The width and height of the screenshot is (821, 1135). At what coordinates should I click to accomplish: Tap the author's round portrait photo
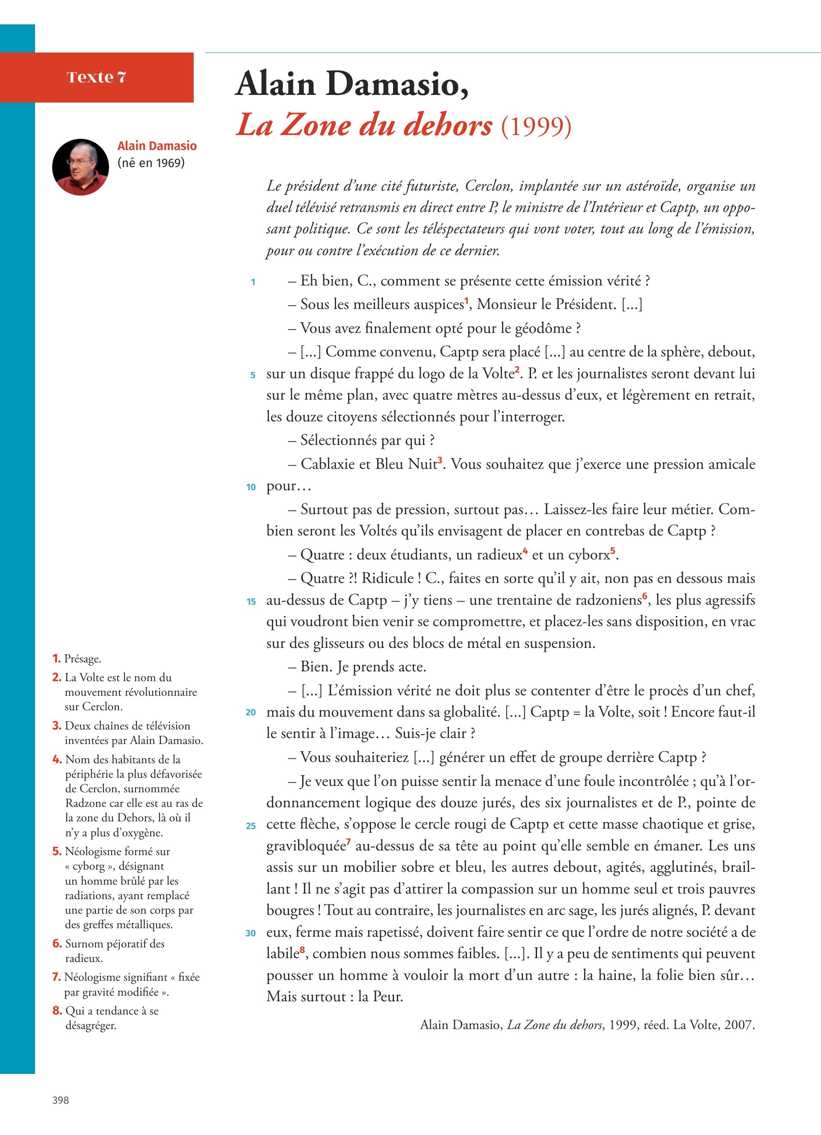tap(80, 167)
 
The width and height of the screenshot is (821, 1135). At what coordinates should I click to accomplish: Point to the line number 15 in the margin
tap(251, 602)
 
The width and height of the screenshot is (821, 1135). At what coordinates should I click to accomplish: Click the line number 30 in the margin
tap(251, 933)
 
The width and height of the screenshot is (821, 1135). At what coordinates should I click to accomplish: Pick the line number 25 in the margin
tap(251, 826)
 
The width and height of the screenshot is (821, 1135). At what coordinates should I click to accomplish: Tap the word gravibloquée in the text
tap(306, 846)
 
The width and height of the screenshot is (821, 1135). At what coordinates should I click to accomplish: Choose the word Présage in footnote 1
tap(82, 659)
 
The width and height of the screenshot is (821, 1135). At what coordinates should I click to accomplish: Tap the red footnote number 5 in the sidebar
tap(56, 851)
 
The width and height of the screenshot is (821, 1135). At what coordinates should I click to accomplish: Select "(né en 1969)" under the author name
tap(151, 163)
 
